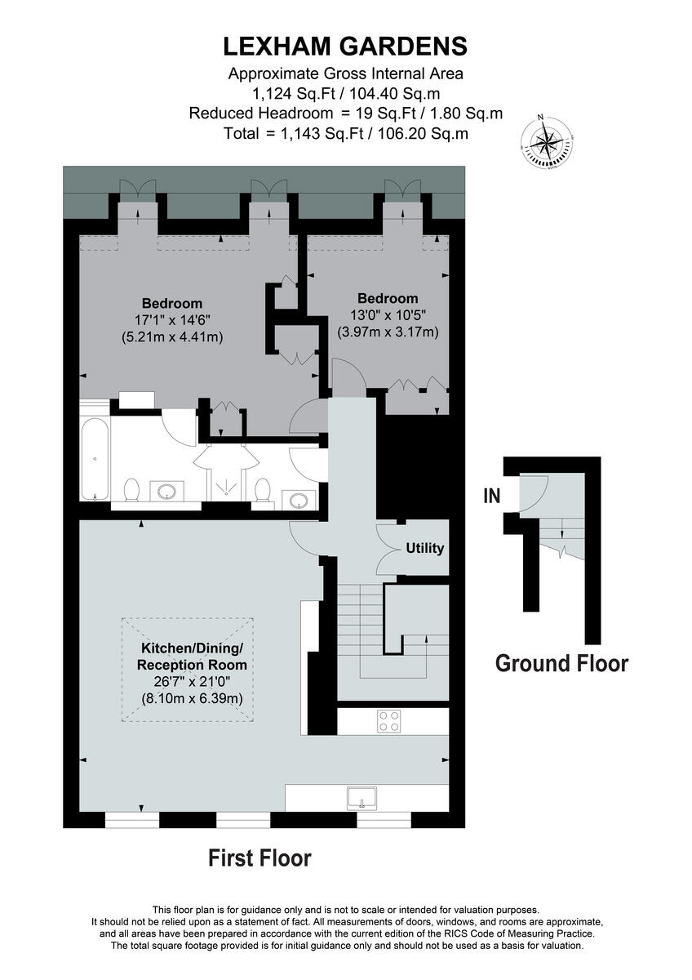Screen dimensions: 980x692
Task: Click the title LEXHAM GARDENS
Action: click(346, 44)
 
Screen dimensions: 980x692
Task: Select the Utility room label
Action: click(425, 548)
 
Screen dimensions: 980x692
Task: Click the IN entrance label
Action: click(491, 496)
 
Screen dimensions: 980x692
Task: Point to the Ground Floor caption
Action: click(561, 663)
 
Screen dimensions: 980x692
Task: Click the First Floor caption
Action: click(259, 858)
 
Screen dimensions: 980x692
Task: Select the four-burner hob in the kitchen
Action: click(388, 720)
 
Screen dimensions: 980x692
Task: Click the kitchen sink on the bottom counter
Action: click(361, 796)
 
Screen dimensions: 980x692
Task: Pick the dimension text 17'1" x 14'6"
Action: click(171, 320)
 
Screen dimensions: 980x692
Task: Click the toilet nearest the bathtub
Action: click(130, 491)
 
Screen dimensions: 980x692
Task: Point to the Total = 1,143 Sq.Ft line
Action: click(346, 133)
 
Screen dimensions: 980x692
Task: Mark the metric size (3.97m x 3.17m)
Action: click(388, 332)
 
